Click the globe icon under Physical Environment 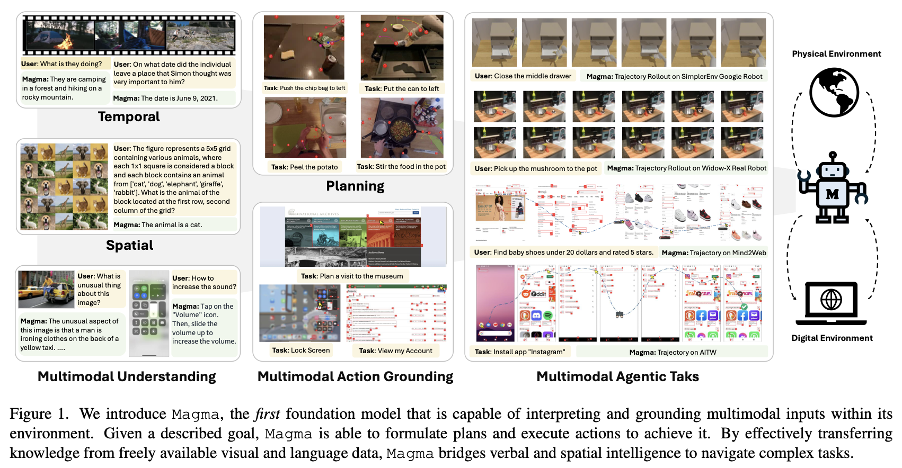coord(834,92)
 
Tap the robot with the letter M coord(832,188)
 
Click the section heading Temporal coord(129,117)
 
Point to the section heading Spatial coord(129,245)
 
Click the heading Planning coord(355,186)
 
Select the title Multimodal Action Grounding coord(355,376)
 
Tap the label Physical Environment coord(836,54)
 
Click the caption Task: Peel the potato coord(304,167)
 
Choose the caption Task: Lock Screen coord(300,350)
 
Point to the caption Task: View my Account coord(395,350)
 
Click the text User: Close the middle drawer coord(523,76)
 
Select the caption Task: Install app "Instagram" coord(519,352)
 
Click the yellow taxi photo coord(46,289)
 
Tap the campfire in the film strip coord(67,40)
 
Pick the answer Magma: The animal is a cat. coord(158,225)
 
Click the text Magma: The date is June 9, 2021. coord(165,98)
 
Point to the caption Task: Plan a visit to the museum coord(352,276)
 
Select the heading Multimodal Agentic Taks coord(617,376)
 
